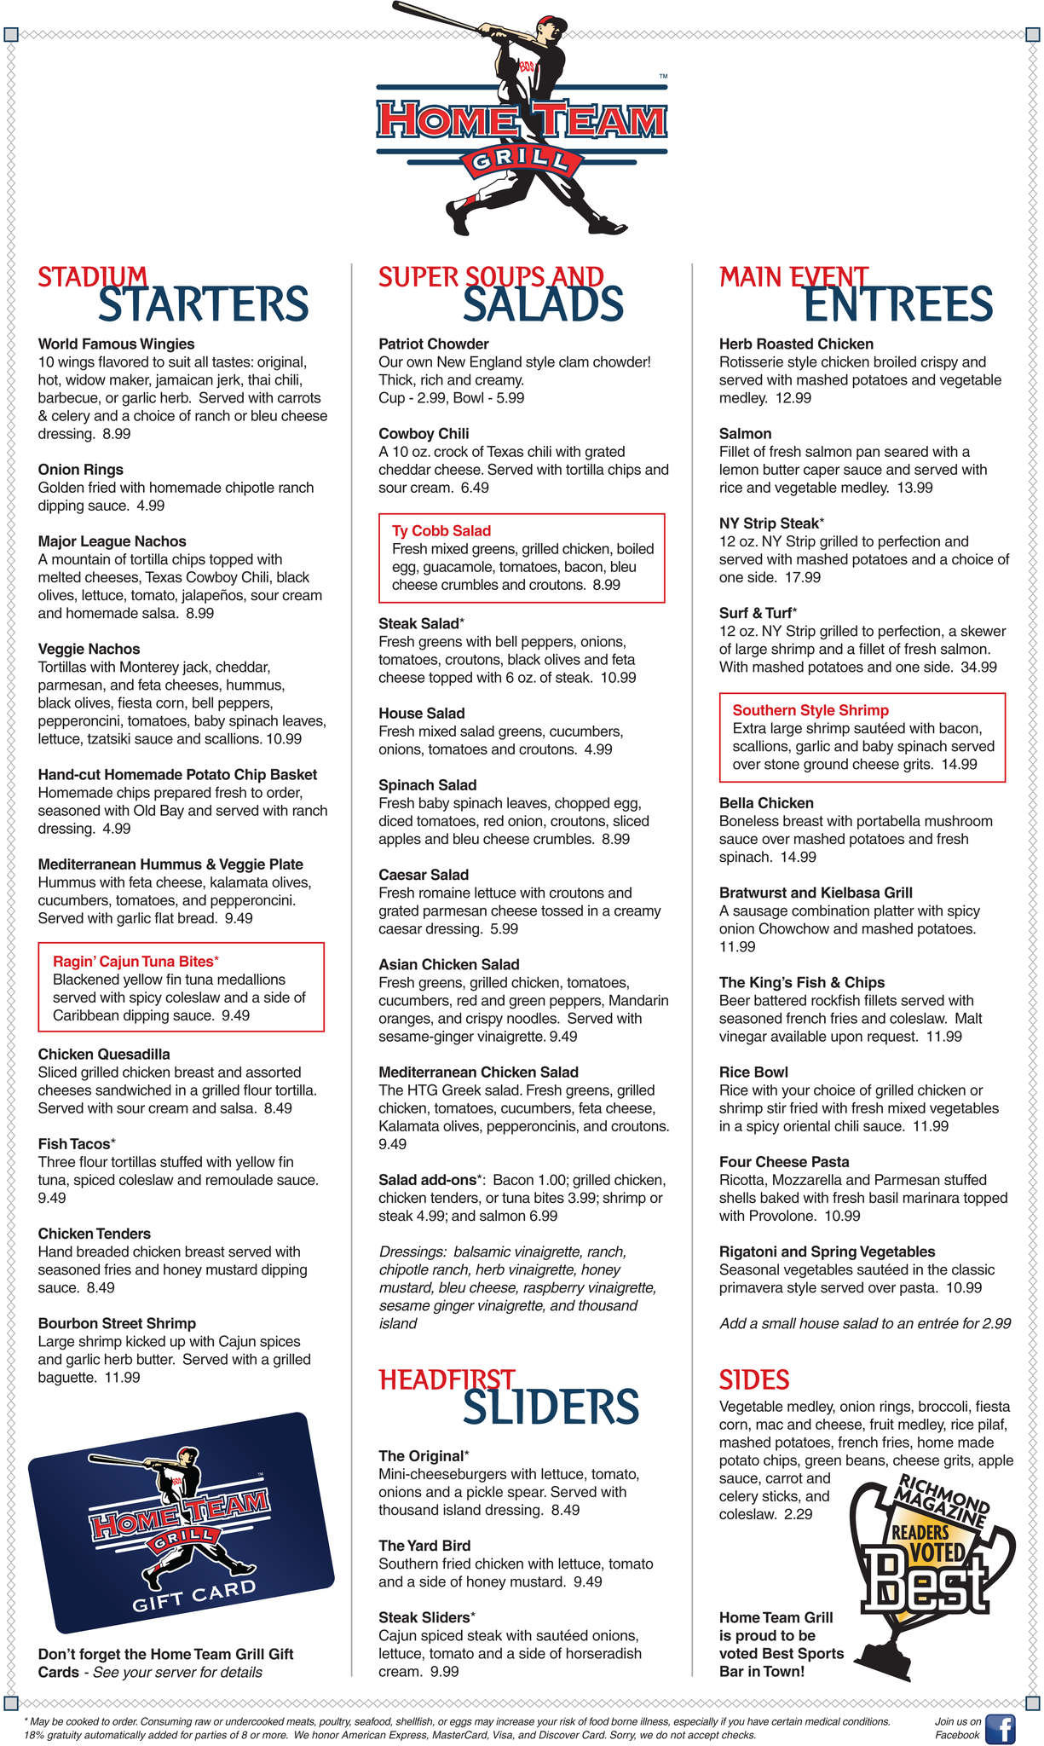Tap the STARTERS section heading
click(203, 304)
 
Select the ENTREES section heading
click(898, 304)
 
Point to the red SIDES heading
click(754, 1379)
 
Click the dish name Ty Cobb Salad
click(441, 531)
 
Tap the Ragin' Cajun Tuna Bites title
click(136, 961)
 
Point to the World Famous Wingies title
click(116, 344)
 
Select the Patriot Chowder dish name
click(434, 344)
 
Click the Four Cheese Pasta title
click(784, 1162)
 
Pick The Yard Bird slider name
click(424, 1546)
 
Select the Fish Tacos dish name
click(75, 1144)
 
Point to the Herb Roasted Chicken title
click(796, 344)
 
